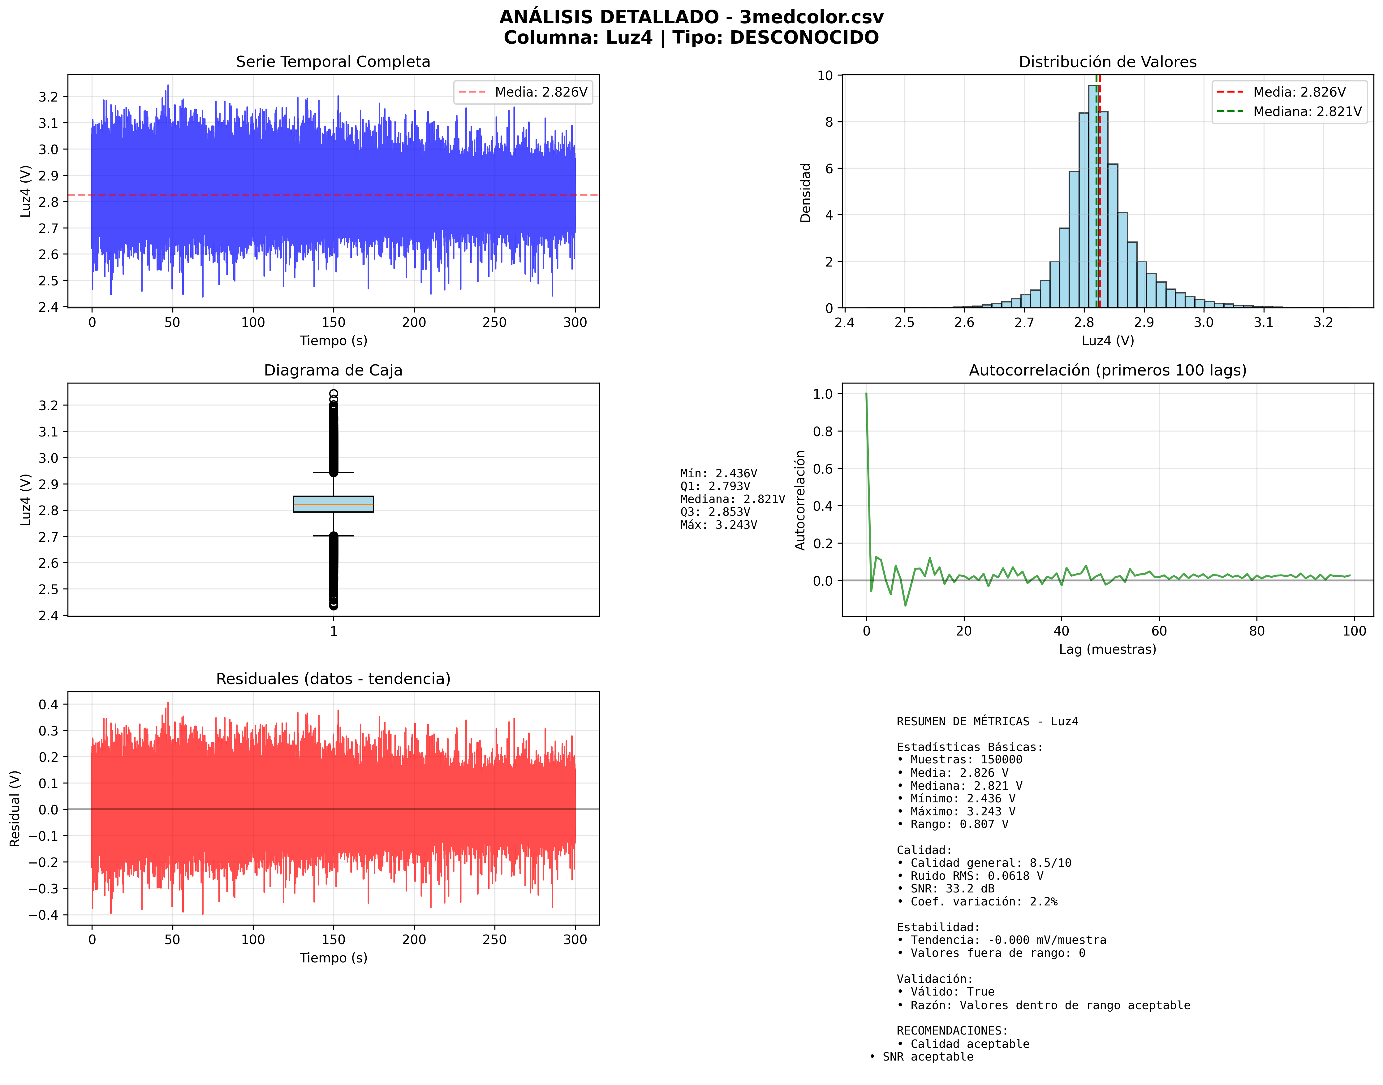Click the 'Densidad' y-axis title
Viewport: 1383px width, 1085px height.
coord(805,193)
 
